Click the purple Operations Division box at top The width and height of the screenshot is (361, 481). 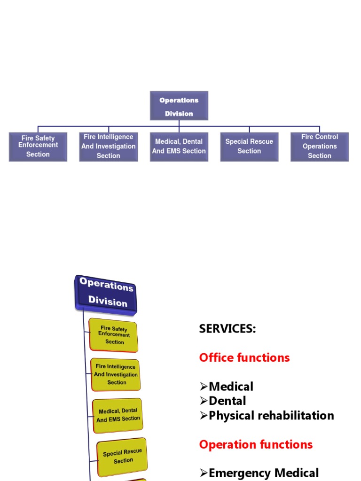(x=179, y=106)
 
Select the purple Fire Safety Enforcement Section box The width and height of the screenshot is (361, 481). (x=38, y=147)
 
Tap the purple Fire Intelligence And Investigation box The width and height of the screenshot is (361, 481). (x=108, y=147)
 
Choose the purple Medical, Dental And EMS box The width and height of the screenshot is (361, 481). (x=179, y=147)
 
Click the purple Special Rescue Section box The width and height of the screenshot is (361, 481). (x=249, y=147)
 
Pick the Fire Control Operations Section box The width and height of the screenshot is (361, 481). (x=320, y=147)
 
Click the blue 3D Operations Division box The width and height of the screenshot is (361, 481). (x=106, y=294)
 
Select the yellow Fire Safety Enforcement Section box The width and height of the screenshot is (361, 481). (x=114, y=335)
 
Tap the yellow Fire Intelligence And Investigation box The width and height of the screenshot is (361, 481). (x=116, y=374)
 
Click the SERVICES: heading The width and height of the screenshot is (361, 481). (x=228, y=329)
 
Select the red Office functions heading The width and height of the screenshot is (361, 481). (x=244, y=357)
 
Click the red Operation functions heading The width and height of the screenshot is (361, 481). (x=256, y=444)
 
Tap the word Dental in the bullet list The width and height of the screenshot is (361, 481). (x=227, y=401)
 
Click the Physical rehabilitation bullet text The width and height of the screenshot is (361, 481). (x=271, y=416)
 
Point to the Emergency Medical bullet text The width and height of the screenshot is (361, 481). (x=264, y=473)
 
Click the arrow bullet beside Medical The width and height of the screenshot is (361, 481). (x=203, y=387)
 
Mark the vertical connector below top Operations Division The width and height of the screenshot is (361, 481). (x=179, y=123)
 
